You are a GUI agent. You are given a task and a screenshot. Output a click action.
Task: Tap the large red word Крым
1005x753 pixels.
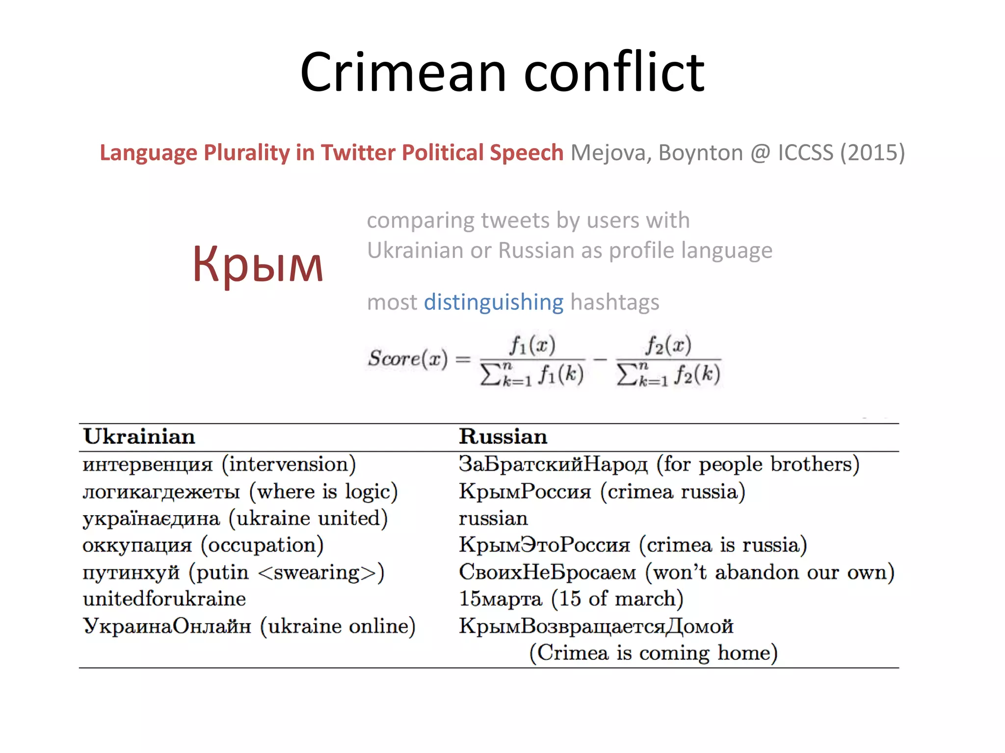click(258, 265)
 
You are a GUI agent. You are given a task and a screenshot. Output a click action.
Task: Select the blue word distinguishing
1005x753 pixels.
click(494, 302)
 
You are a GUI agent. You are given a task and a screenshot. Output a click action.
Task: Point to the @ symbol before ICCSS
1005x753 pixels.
click(760, 152)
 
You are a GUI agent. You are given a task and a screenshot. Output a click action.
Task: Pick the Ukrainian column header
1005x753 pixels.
click(139, 437)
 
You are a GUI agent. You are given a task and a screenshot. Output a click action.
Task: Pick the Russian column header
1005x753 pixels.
click(503, 437)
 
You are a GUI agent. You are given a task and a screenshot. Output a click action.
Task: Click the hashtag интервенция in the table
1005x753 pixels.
click(148, 464)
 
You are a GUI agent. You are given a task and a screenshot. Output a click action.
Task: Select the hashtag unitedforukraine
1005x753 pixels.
click(164, 599)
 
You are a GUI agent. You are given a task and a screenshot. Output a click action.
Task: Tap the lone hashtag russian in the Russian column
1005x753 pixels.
click(493, 519)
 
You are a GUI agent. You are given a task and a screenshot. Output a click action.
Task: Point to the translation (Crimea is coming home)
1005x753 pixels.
click(653, 653)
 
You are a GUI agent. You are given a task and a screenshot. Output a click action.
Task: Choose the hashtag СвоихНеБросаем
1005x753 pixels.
click(547, 573)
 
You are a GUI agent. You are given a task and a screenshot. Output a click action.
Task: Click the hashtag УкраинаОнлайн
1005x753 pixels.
click(167, 626)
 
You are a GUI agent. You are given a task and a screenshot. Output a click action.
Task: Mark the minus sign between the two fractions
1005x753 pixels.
click(600, 359)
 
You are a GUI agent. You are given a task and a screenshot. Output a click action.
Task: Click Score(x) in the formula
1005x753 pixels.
click(408, 358)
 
